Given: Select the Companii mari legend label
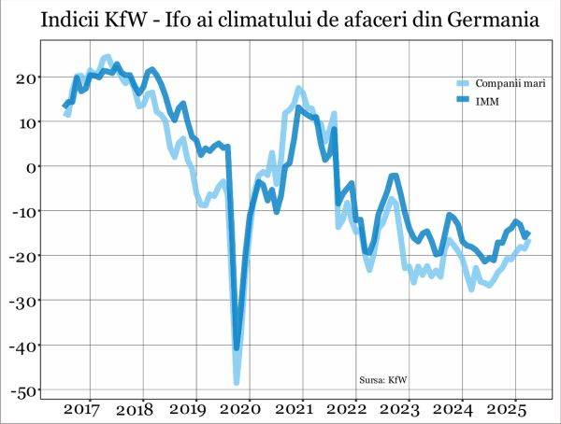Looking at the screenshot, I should click(x=511, y=83).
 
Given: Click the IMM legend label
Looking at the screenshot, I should click(x=487, y=100).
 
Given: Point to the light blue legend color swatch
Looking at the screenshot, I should click(x=463, y=83).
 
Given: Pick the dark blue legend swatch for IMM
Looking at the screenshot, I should click(x=463, y=100).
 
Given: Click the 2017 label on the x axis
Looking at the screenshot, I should click(x=82, y=410).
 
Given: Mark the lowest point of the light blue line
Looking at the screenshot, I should click(x=237, y=382).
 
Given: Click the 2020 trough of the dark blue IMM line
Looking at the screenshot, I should click(x=237, y=347).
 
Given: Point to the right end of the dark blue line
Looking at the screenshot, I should click(x=528, y=233).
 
